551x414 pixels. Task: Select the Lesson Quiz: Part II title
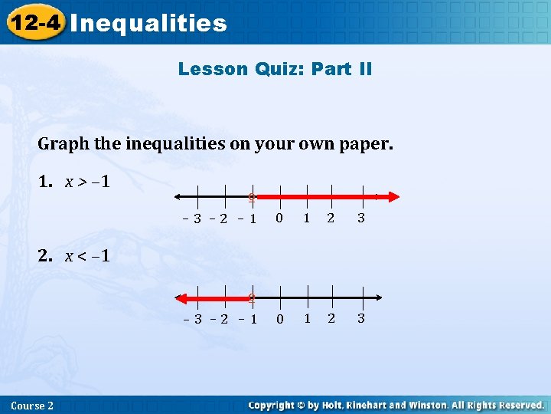(275, 69)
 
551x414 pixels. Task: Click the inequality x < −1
(86, 256)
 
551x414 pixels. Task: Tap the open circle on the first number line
(251, 197)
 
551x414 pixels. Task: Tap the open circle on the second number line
(251, 297)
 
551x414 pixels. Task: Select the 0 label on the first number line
(279, 219)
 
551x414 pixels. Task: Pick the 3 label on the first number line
(361, 219)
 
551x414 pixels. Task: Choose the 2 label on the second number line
(331, 318)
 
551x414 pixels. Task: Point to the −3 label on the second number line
(194, 319)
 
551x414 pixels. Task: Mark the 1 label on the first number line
(306, 219)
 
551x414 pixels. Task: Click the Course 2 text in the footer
(33, 406)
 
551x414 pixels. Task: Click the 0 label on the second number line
(279, 318)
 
